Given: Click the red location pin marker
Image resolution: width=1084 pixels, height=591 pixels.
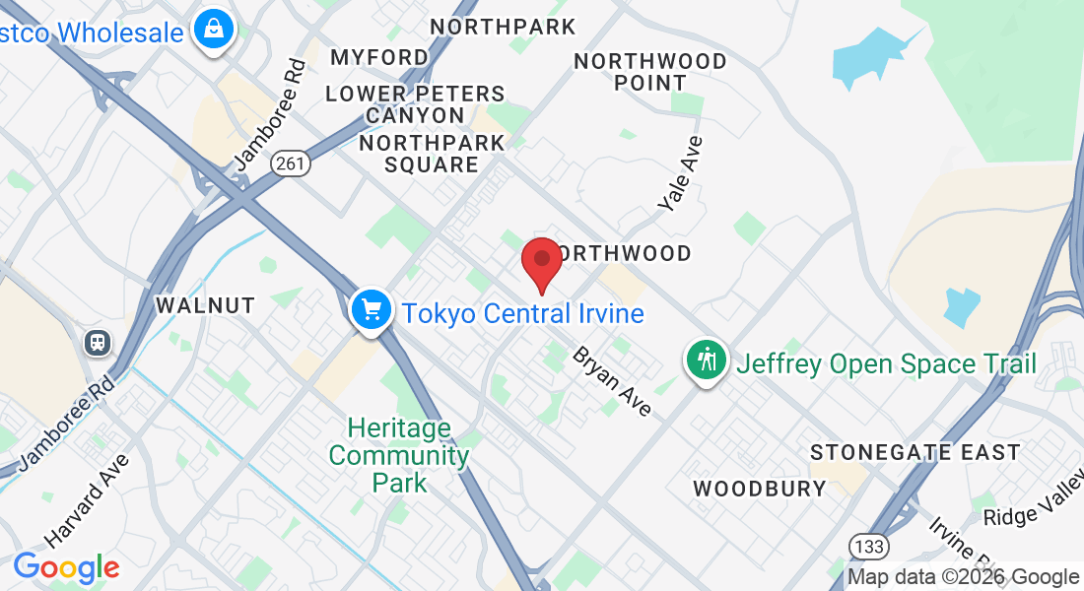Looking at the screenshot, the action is pos(541,261).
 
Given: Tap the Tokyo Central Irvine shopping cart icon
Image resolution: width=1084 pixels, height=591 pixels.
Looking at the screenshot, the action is pos(371,310).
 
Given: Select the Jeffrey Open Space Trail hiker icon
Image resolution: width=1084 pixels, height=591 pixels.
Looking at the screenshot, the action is pos(707,360).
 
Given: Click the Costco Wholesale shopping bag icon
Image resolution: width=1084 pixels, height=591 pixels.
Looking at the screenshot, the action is pos(213,30).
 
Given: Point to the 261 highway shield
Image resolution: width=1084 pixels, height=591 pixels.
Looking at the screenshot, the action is pos(292,164).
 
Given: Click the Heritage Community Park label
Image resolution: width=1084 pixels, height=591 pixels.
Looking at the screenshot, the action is pos(399,456).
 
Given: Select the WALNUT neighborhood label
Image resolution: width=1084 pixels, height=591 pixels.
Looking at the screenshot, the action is pos(205,306).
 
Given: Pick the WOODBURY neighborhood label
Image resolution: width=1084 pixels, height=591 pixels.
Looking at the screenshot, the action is pos(759,489).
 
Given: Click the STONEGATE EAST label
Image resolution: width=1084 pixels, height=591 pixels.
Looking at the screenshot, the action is pos(915,453).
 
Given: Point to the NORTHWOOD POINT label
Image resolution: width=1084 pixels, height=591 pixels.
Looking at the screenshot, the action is pos(650,72).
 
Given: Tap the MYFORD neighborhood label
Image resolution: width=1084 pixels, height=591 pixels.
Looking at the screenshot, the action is pos(379,57).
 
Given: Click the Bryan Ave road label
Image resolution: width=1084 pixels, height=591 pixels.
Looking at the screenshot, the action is pos(612,380).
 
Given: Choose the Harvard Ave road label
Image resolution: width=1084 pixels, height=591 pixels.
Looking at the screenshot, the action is pos(87,500).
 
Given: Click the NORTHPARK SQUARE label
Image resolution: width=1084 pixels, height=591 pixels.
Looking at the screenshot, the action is pos(432,154).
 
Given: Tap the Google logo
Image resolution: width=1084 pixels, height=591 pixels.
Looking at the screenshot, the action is pos(66,567).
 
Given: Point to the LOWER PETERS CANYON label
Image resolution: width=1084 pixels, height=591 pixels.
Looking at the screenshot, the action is pos(415,104).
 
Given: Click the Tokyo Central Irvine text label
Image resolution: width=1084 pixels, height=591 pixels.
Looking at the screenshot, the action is pos(522,314).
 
